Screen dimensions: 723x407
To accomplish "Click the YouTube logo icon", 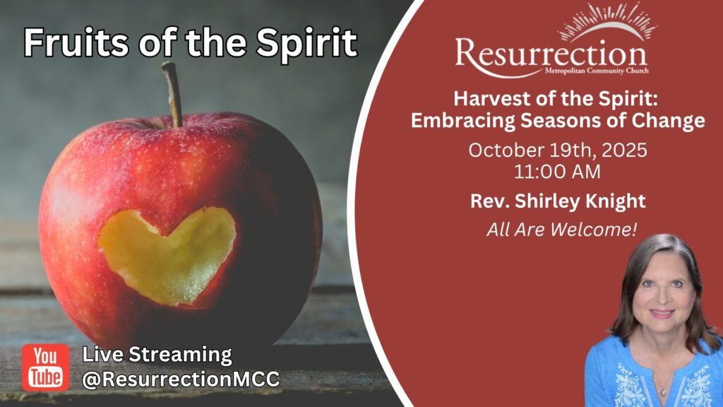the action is (x=45, y=367).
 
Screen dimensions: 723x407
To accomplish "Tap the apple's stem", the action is (x=172, y=95).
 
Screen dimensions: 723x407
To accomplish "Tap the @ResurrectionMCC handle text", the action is (x=181, y=379).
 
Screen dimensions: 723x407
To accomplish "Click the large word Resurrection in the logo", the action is (x=551, y=55).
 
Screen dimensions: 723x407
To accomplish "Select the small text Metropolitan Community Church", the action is (x=597, y=71).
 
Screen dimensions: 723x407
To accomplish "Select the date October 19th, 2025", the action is (x=558, y=151).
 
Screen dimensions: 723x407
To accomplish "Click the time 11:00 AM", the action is (x=557, y=172).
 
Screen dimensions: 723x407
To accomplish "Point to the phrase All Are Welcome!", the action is (x=561, y=229).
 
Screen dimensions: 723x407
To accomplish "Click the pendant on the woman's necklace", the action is (x=662, y=393).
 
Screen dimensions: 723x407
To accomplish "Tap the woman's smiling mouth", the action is (x=662, y=314).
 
